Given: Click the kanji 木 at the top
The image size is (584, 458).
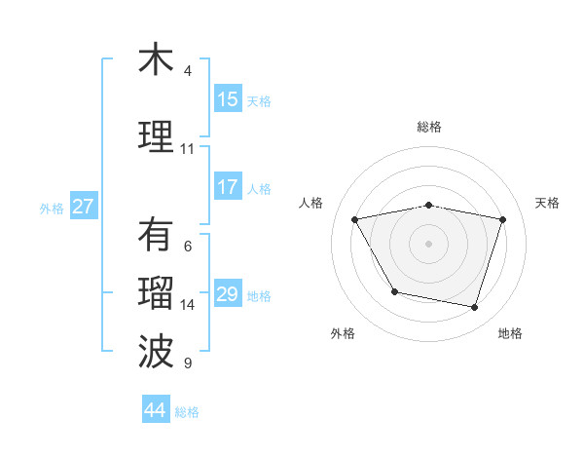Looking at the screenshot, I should point(156,59).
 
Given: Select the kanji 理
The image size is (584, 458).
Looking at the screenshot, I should point(156,136).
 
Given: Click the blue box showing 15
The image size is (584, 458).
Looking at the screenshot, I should point(228,99).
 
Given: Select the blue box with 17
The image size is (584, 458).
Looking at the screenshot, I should point(228,187).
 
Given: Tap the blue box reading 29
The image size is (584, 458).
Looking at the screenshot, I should point(228,294).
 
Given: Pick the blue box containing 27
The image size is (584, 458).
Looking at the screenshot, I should point(84,207).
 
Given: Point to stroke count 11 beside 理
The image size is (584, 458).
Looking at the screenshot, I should point(187,149).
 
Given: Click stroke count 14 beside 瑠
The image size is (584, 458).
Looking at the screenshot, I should point(188,305).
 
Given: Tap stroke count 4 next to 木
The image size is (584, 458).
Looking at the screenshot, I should point(188,71).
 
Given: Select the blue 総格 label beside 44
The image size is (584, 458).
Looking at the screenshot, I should point(187,412).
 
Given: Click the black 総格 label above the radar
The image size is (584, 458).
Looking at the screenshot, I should point(429,127).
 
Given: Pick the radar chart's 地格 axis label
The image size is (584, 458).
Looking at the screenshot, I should point(510,333).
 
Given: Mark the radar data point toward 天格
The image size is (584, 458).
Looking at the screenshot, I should point(502,219).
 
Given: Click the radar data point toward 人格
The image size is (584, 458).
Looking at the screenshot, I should point(354,219).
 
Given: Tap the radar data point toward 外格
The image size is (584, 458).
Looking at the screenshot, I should point(393,291).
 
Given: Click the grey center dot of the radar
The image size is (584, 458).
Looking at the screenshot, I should point(428,243).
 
